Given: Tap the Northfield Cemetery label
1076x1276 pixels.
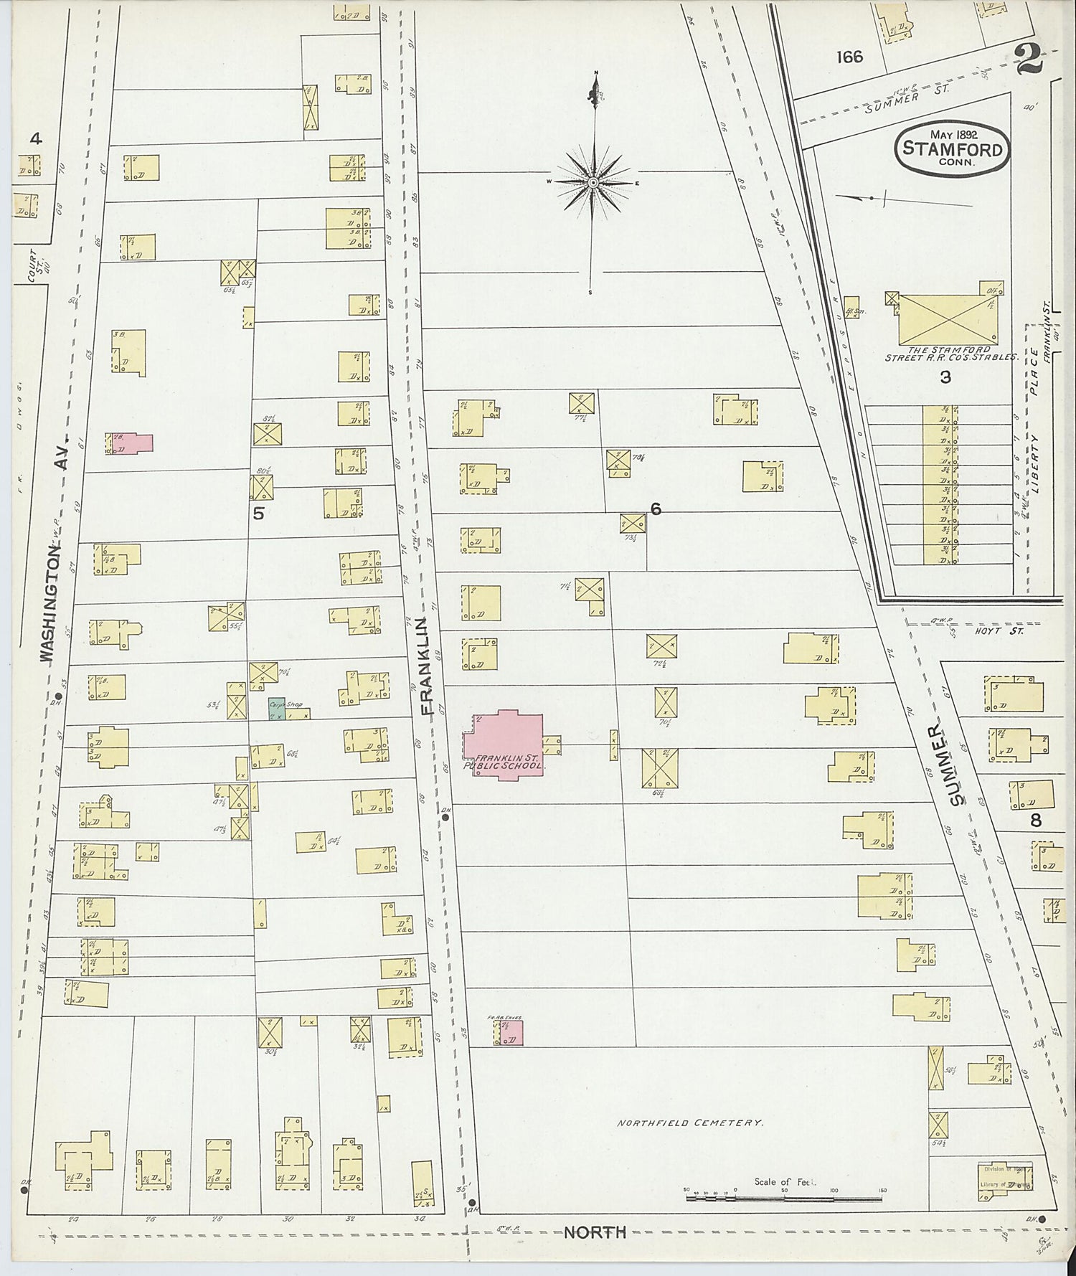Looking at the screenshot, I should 689,1123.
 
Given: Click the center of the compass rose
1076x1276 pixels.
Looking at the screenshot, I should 593,183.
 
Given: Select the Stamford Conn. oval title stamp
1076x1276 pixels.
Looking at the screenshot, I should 951,148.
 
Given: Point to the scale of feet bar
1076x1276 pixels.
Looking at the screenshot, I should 783,1198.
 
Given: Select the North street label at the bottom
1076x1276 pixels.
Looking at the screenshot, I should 595,1232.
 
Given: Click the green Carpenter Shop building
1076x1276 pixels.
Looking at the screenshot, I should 277,709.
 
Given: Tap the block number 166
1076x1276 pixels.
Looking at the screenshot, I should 849,57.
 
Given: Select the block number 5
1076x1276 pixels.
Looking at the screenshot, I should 259,514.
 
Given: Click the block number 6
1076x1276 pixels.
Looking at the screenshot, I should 655,509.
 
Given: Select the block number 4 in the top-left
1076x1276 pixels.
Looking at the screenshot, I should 35,138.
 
